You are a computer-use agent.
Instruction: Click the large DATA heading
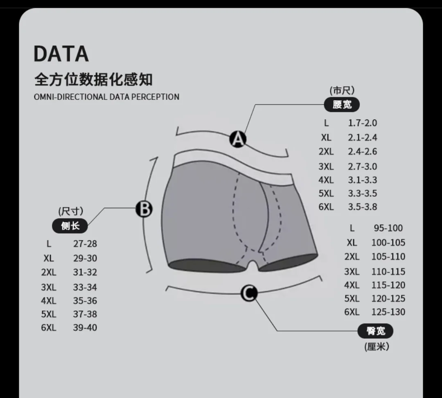[61, 54]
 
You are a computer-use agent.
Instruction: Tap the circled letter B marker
[144, 209]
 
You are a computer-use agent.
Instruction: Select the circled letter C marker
[249, 292]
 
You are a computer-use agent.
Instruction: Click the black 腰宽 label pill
[342, 104]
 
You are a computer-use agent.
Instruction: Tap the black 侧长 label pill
[70, 225]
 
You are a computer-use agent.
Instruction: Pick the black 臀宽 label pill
[375, 331]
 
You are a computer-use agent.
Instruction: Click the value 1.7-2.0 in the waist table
[362, 123]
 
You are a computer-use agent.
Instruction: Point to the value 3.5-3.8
[362, 207]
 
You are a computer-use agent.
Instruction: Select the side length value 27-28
[85, 244]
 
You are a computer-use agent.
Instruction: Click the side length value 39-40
[85, 328]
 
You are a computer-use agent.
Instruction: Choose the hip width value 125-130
[388, 312]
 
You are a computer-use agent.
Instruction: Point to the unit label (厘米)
[377, 347]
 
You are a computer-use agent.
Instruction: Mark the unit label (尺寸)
[71, 211]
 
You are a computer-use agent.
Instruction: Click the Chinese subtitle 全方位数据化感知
[93, 79]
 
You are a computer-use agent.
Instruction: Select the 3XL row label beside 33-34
[49, 287]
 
